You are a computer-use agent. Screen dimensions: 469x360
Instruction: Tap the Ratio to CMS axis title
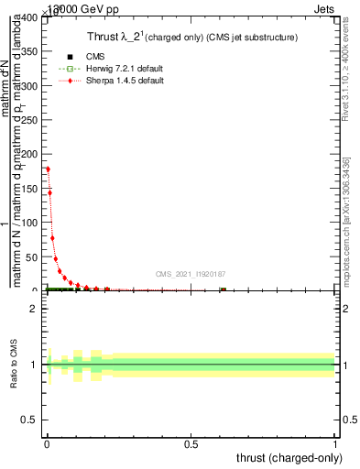pos(15,366)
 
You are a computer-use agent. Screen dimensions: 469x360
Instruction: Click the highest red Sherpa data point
pos(47,169)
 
